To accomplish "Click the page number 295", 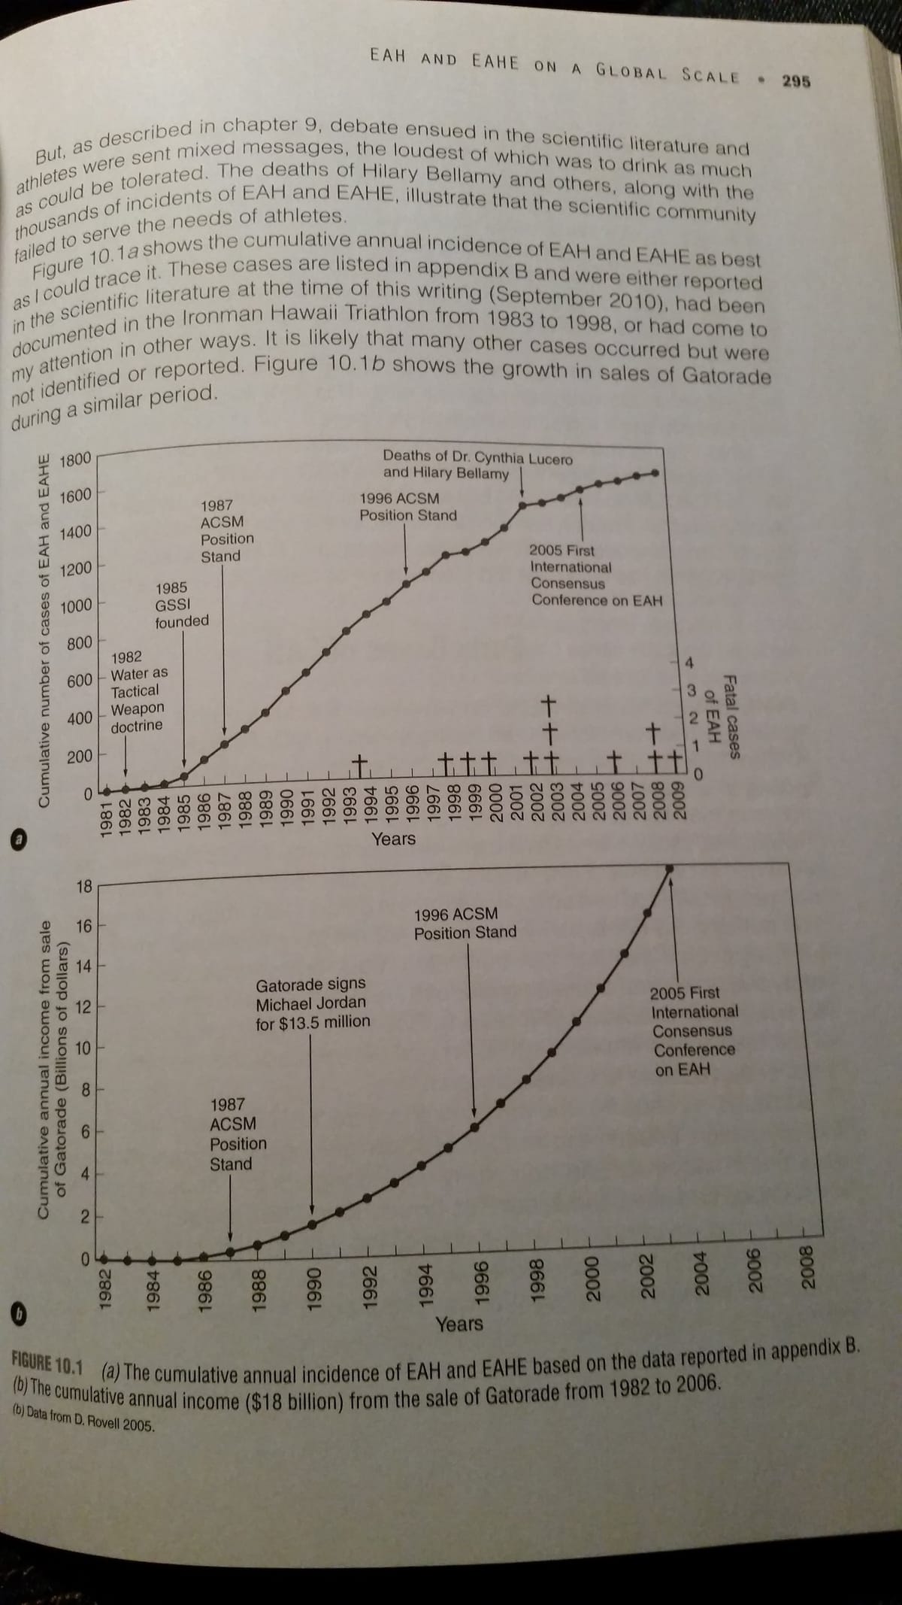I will click(x=795, y=80).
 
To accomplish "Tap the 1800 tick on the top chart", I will click(x=74, y=459).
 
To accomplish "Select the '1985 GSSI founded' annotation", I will click(x=180, y=605).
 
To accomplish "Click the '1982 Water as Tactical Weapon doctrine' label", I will click(x=139, y=692).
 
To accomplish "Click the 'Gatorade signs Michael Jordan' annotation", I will click(x=312, y=1003).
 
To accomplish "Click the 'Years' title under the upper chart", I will click(x=393, y=838).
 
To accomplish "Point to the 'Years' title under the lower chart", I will click(x=459, y=1323).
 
